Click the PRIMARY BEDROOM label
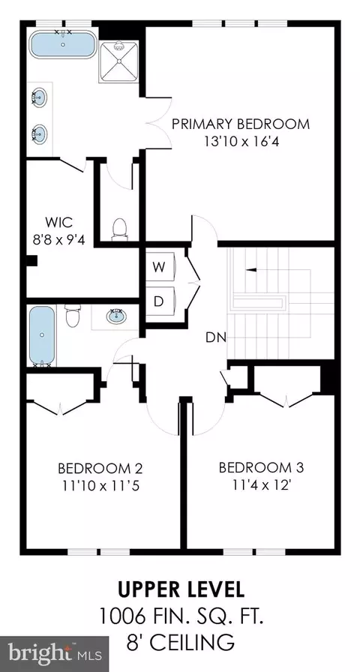point(241,124)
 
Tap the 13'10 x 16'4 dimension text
point(241,142)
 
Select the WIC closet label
point(58,223)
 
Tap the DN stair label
point(215,337)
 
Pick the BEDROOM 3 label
point(261,467)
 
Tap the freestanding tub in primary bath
point(63,44)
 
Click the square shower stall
point(119,61)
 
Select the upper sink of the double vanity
point(39,97)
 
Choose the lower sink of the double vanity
point(39,133)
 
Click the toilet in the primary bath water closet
point(119,229)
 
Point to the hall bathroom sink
point(115,316)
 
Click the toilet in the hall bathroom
point(73,316)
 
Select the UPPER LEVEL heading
point(181,589)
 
